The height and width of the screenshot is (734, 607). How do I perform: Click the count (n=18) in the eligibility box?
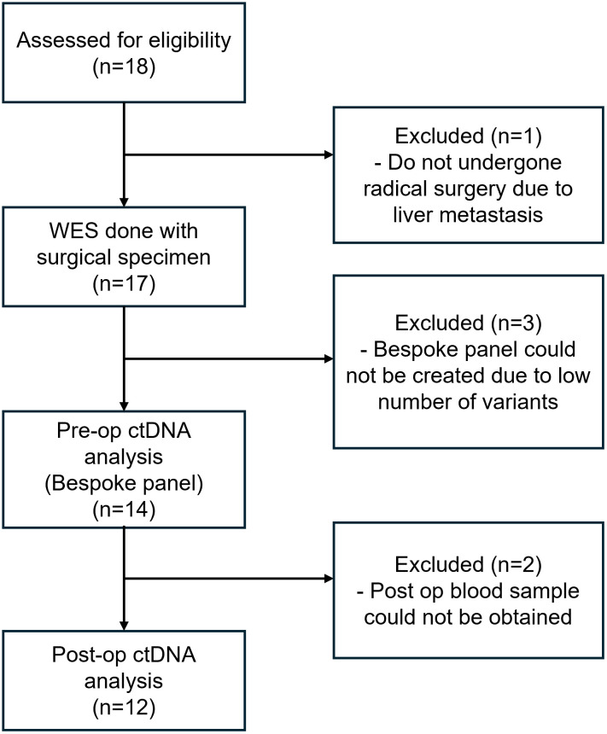point(124,67)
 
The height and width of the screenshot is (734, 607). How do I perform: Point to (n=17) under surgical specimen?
point(124,283)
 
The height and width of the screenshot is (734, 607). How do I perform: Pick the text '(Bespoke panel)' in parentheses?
point(124,483)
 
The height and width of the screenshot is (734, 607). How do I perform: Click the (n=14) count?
point(124,510)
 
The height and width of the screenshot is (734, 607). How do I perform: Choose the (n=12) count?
point(124,708)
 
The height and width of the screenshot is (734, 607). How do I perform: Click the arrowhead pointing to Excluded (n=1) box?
point(329,154)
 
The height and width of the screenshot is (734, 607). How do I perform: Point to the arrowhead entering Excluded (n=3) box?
point(329,359)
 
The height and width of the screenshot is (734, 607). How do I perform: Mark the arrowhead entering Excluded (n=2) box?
point(329,579)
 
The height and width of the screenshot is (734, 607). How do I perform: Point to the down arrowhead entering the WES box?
point(124,202)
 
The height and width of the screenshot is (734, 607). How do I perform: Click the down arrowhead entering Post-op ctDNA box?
point(124,626)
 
